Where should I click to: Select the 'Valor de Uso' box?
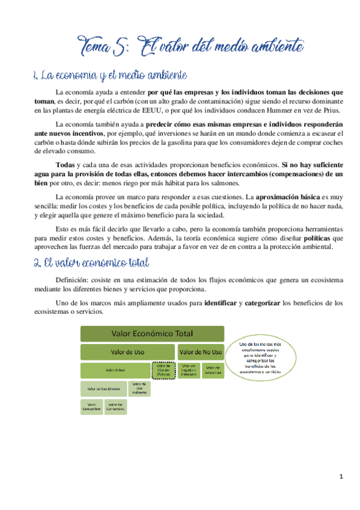[x=127, y=351]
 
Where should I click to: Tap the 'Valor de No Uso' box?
[x=200, y=351]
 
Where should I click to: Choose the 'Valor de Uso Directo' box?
[x=103, y=389]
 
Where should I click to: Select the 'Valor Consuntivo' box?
[x=91, y=407]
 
